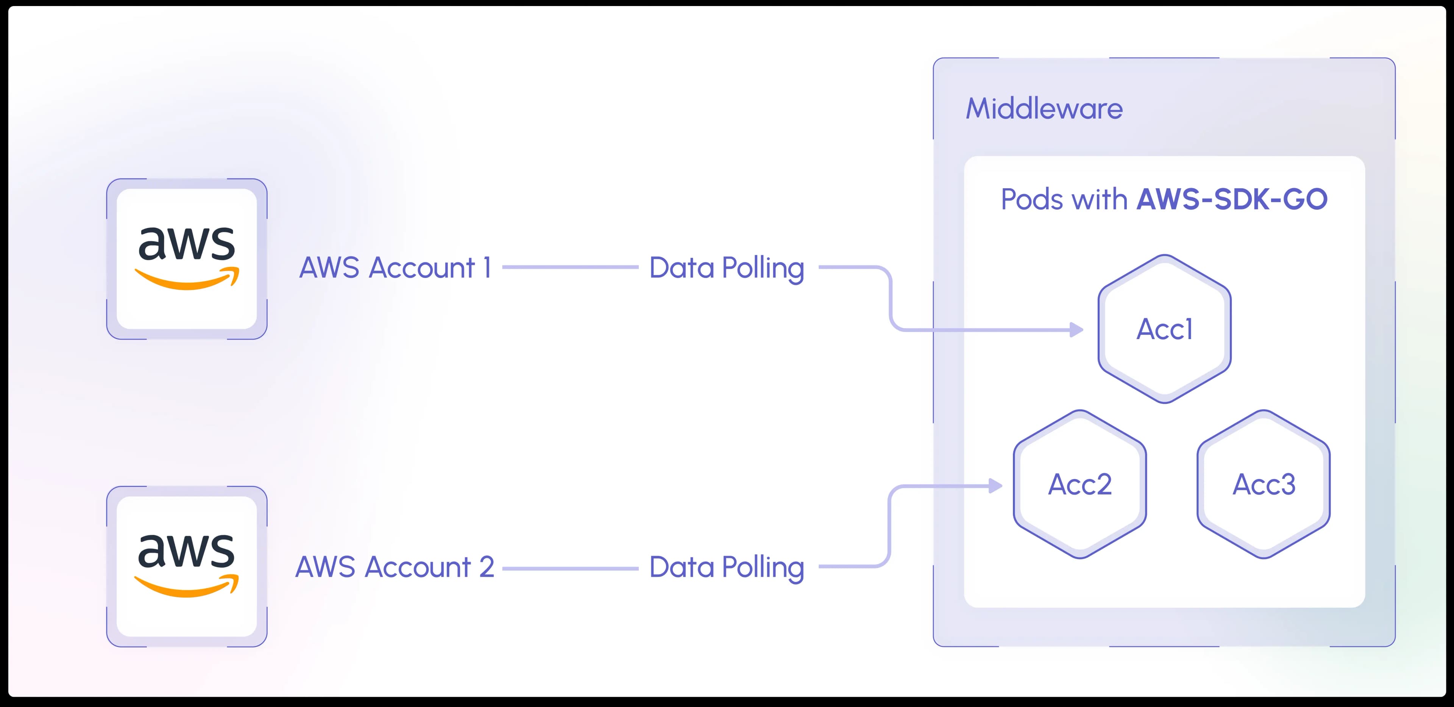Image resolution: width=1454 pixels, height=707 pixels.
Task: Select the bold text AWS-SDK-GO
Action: [x=1232, y=199]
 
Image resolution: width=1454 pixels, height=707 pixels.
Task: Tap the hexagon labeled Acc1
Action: [x=1164, y=329]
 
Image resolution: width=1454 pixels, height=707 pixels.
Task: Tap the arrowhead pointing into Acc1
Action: [x=1076, y=329]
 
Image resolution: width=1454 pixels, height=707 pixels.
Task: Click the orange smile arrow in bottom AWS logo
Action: [x=187, y=587]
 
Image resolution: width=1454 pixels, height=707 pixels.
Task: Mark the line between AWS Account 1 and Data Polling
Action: [x=570, y=267]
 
